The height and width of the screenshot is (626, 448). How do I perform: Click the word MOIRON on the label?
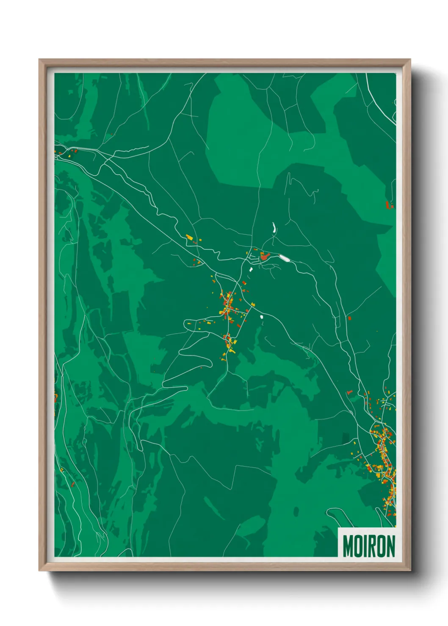(x=368, y=546)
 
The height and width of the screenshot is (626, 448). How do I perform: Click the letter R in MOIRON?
(x=372, y=546)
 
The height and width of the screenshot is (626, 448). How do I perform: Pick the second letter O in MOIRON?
(x=381, y=546)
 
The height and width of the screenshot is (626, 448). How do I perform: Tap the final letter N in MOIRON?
(x=390, y=546)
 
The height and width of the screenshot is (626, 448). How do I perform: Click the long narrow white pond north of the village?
(x=274, y=228)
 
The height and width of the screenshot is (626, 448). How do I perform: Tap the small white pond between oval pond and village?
(x=251, y=269)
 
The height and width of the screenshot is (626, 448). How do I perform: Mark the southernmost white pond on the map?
(x=261, y=316)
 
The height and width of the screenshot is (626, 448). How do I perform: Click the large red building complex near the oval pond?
(x=265, y=256)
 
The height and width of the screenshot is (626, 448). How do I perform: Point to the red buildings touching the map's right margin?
(x=389, y=205)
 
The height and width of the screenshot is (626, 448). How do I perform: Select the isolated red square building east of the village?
(x=349, y=318)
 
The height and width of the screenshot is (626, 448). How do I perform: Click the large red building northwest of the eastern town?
(x=349, y=393)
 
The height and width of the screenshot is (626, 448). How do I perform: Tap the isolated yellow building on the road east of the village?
(x=253, y=304)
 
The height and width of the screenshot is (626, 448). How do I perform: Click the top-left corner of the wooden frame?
(x=39, y=60)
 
